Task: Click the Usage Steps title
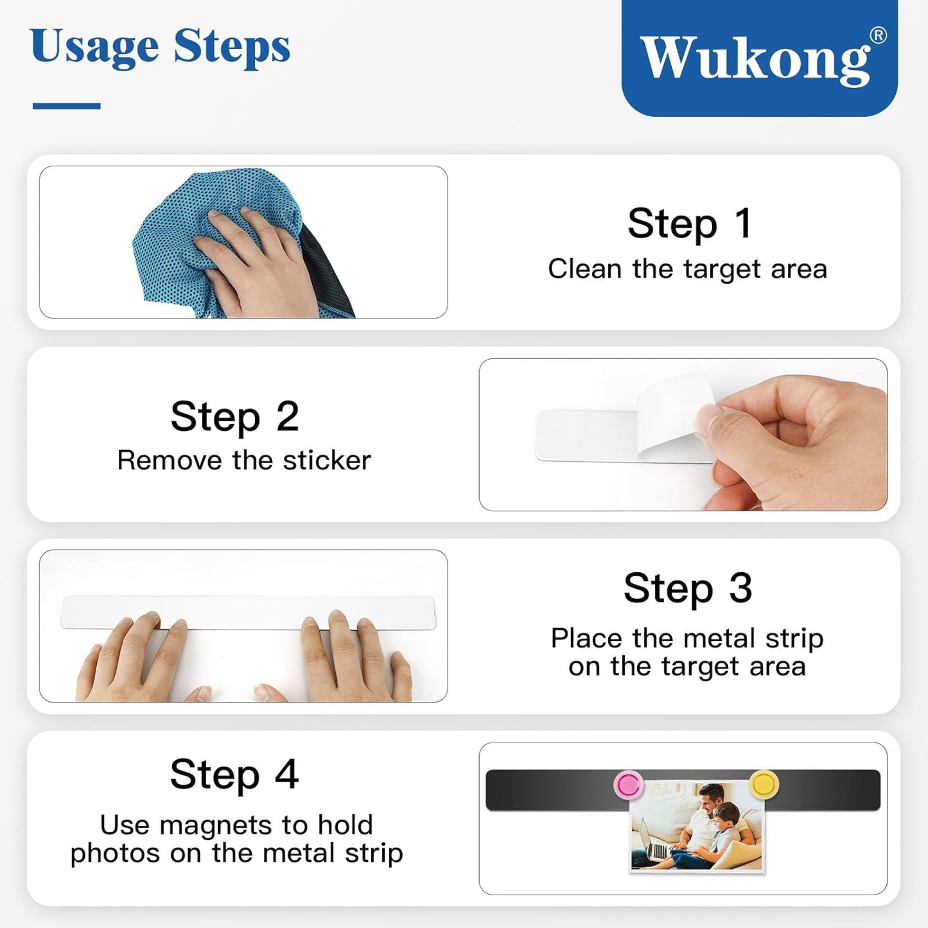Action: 160,48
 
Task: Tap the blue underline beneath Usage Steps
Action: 66,106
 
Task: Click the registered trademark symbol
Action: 878,35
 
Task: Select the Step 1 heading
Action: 689,223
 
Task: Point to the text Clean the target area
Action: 687,269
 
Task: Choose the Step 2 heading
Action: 235,416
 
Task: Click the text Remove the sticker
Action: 244,460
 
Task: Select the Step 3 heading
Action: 688,588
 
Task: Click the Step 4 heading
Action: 234,774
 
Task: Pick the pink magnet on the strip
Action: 628,784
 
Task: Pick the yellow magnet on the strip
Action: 764,783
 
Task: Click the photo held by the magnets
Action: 697,828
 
